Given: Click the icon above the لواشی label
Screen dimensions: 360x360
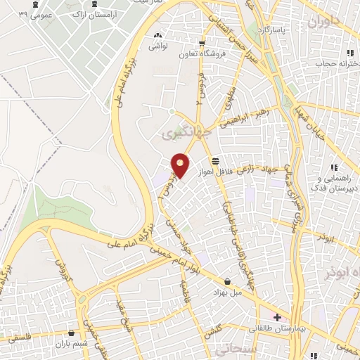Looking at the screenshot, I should click(x=157, y=34).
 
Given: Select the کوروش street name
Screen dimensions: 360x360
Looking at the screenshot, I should click(x=60, y=267).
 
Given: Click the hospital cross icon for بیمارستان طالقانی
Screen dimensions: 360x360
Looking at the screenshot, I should click(x=278, y=317).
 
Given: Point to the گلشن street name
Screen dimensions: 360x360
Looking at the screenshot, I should click(x=213, y=331).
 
